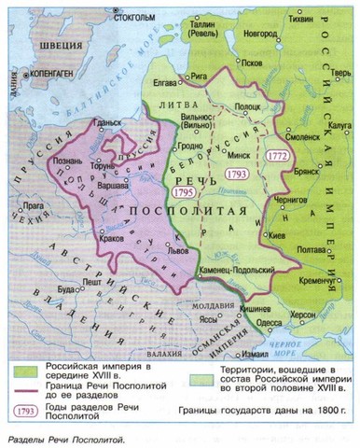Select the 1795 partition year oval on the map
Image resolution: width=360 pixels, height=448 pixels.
[x=183, y=191]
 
